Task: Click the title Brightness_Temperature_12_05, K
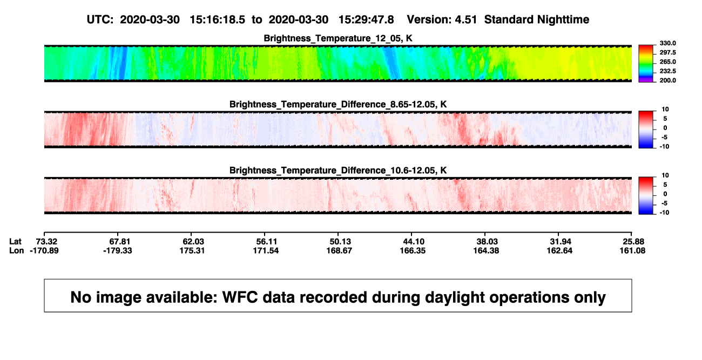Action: [337, 38]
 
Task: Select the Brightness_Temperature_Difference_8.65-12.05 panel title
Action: [338, 104]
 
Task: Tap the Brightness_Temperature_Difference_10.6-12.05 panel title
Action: [338, 171]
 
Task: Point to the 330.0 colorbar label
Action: [667, 43]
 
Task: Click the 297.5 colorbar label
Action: [667, 52]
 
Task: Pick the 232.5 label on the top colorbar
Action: [667, 71]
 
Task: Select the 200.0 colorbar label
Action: [667, 80]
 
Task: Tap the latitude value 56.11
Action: [266, 242]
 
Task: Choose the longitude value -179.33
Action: [118, 250]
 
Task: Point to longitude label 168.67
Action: [339, 250]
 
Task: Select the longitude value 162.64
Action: [559, 250]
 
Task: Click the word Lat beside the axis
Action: [15, 242]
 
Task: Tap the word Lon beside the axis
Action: [17, 250]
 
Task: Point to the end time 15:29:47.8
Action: [366, 19]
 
